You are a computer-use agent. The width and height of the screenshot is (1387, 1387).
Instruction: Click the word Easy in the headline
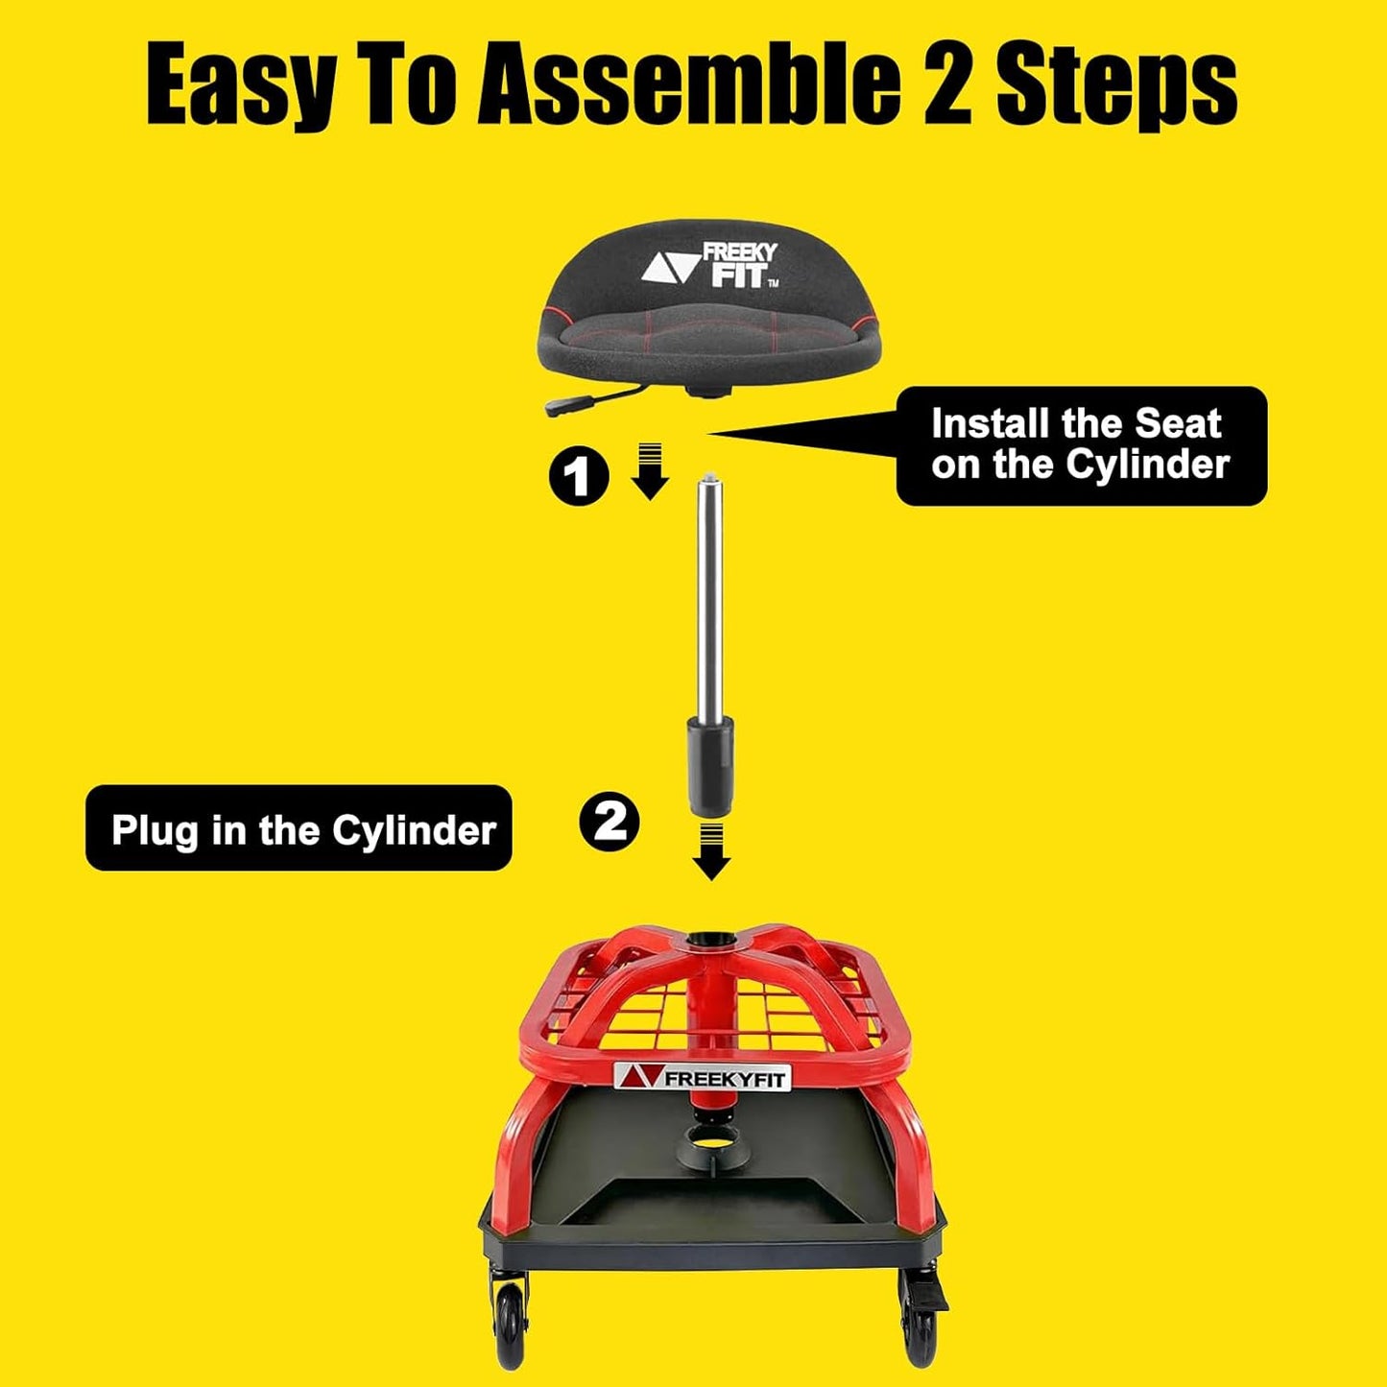coord(240,88)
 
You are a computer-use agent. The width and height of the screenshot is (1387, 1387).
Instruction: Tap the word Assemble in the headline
coord(688,88)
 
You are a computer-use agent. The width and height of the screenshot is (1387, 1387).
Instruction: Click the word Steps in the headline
coord(1116,88)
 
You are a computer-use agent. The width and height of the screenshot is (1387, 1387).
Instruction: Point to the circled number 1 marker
coord(578,475)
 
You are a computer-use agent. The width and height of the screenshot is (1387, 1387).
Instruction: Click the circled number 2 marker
coord(610,822)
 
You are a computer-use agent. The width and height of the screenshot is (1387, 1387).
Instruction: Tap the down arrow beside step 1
coord(650,471)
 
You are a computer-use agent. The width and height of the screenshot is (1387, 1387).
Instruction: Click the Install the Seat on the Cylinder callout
coord(1080,445)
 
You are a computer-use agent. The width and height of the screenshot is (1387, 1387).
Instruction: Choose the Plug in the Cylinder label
coord(299,828)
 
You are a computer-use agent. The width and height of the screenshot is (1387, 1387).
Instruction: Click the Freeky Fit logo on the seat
coord(711,265)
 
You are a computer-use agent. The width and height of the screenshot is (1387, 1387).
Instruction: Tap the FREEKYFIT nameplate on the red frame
coord(701,1077)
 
